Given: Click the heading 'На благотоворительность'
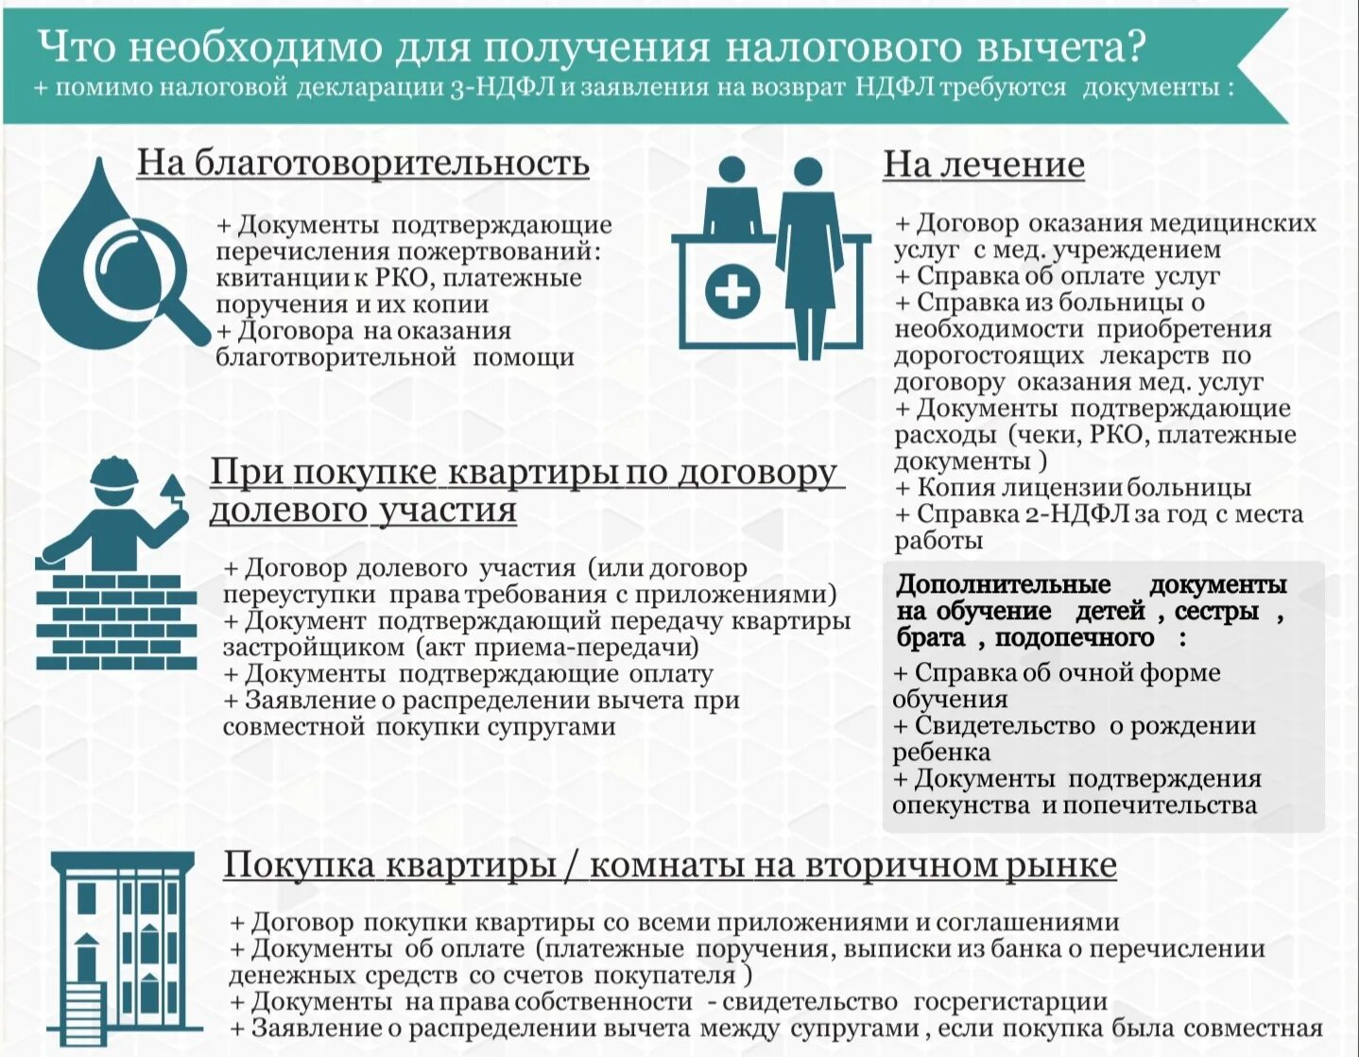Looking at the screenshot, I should click(363, 163).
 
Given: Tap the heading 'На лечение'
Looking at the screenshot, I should click(983, 165).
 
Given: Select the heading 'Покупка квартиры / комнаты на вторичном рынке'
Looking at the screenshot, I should click(669, 865).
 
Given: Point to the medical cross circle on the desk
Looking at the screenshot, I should click(732, 290).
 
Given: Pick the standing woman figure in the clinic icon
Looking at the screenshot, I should click(809, 255).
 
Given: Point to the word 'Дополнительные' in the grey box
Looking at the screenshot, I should click(1004, 584).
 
